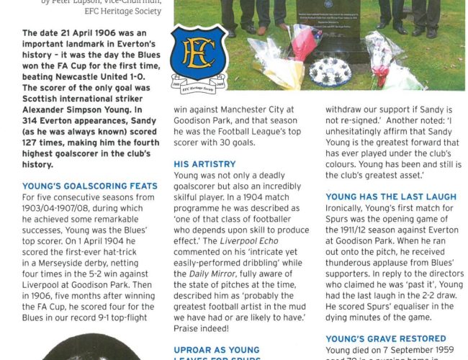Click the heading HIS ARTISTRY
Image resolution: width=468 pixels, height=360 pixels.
click(x=204, y=164)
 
